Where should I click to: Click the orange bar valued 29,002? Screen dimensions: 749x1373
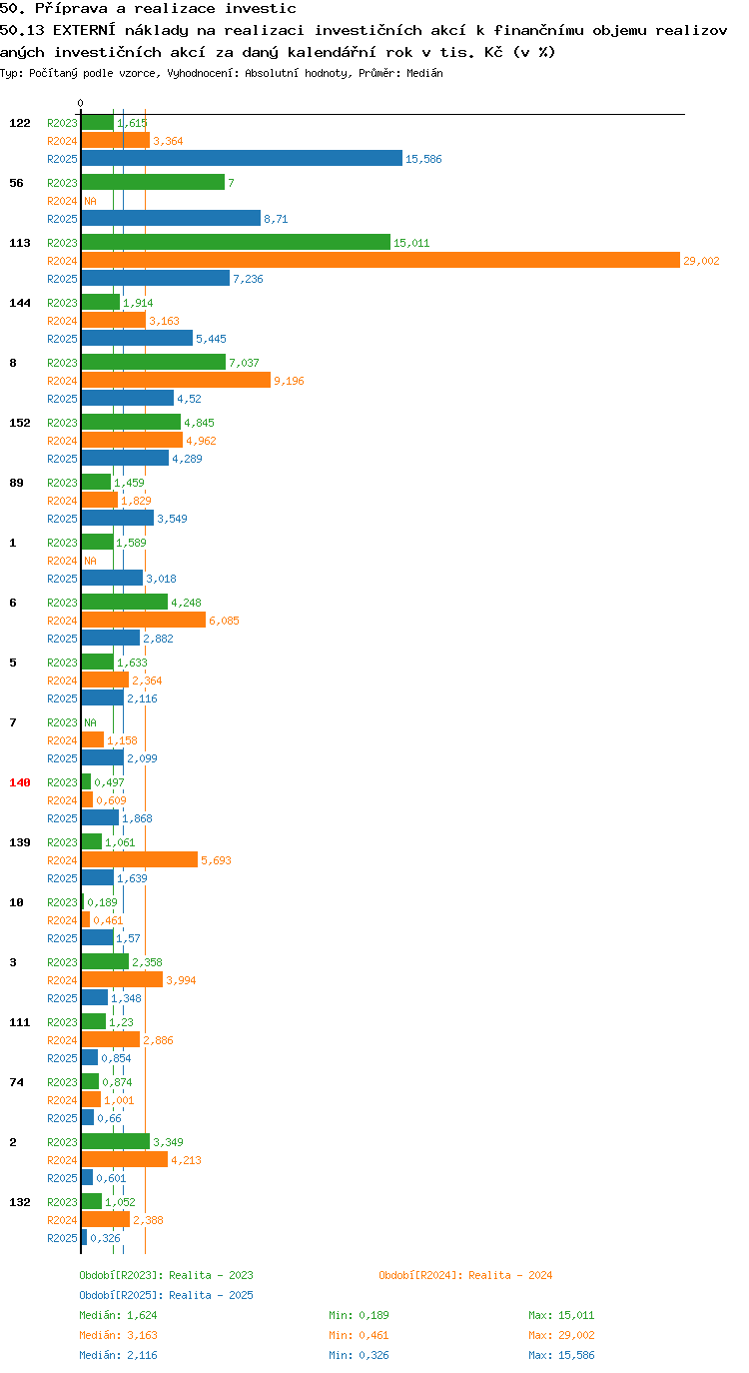click(380, 261)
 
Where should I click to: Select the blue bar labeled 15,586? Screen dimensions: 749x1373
click(242, 158)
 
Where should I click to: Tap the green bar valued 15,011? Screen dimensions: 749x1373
click(236, 242)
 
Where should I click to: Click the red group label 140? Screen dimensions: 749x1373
click(20, 782)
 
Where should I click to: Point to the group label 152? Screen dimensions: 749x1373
click(20, 423)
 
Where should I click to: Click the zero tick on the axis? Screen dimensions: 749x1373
click(80, 103)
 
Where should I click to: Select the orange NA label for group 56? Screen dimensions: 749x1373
click(90, 201)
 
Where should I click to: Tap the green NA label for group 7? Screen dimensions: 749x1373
click(90, 722)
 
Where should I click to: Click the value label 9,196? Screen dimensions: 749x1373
click(289, 381)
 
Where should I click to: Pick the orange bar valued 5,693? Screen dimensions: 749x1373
click(140, 860)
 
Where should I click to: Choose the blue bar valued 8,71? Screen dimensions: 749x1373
click(171, 218)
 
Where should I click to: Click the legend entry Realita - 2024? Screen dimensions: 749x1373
click(465, 1275)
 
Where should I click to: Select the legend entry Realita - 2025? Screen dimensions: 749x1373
click(166, 1295)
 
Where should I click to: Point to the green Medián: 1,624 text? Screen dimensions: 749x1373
click(118, 1315)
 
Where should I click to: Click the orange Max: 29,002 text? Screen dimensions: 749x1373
click(561, 1335)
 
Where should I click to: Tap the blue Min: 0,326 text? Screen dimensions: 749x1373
click(359, 1355)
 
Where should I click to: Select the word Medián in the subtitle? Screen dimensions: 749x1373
click(424, 73)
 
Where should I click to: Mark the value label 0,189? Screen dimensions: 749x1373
click(102, 902)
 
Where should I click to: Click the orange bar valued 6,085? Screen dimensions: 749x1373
click(143, 621)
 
